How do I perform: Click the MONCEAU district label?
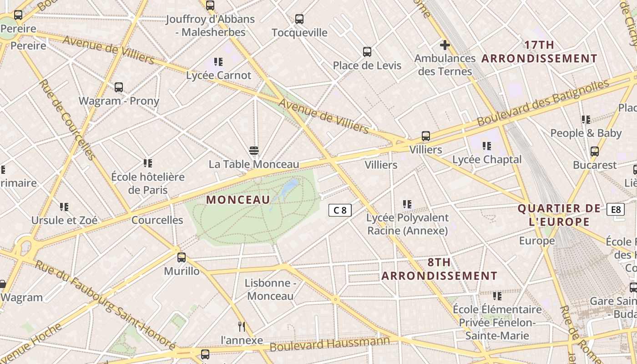point(238,200)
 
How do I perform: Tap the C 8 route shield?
point(340,210)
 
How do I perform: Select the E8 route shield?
point(616,209)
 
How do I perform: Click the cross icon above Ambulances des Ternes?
point(445,45)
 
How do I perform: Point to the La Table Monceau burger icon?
point(254,151)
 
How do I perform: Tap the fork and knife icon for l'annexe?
point(242,326)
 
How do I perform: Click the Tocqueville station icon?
point(299,19)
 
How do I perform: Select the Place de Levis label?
point(367,66)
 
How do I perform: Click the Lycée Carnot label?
point(218,75)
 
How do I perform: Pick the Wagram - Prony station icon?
point(119,87)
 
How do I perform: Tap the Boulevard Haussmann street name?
point(330,344)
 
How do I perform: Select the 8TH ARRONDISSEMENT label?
point(439,269)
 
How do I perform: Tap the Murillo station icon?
point(182,258)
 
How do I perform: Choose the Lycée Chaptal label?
point(487,160)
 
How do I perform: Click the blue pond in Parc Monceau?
point(290,187)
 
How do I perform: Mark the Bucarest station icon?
point(594,152)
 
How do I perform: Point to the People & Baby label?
point(586,133)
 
